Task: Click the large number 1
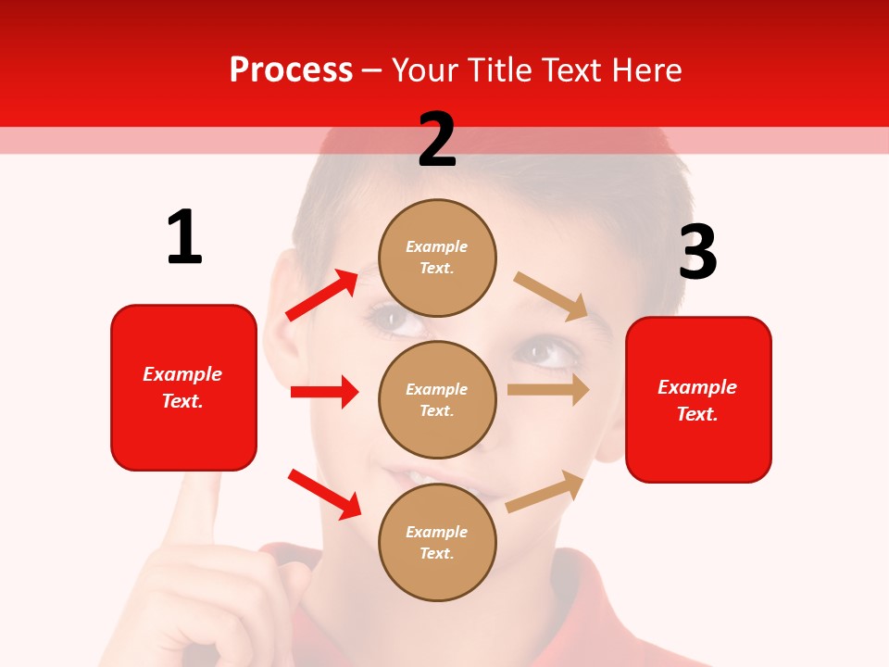[184, 238]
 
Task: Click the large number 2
[437, 140]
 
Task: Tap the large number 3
[697, 253]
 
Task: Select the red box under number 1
[183, 387]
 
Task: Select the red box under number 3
[698, 399]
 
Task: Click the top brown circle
[437, 258]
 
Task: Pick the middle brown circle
[437, 399]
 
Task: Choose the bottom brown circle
[437, 542]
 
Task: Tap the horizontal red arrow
[325, 392]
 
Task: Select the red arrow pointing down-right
[324, 494]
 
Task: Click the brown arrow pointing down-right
[552, 296]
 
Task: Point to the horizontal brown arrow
[548, 390]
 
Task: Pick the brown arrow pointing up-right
[545, 491]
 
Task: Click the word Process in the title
[291, 69]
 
